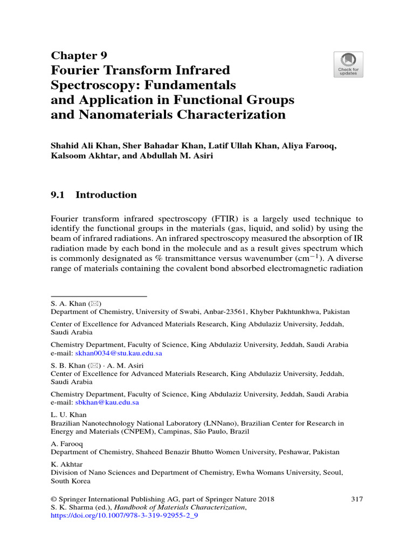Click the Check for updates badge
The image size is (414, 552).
[x=348, y=64]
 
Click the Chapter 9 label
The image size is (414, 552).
[x=79, y=56]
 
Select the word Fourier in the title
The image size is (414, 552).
[x=79, y=70]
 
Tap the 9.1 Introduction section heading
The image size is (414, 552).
[x=94, y=195]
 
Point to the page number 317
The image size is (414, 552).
[x=357, y=499]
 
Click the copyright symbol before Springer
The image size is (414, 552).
[x=54, y=499]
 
